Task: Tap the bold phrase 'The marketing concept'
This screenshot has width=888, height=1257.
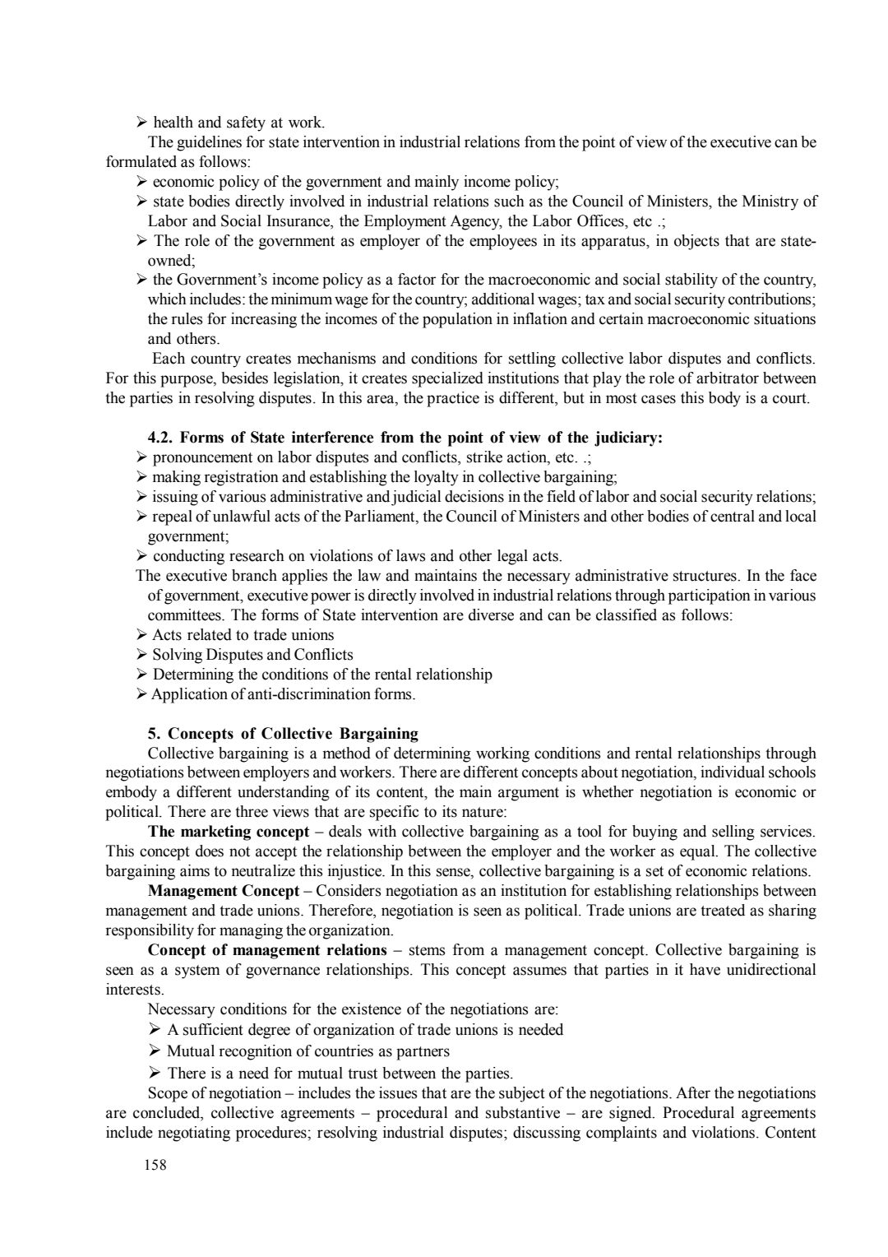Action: click(229, 832)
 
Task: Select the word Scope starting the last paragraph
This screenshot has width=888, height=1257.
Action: click(167, 1093)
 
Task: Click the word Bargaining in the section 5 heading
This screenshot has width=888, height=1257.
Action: click(378, 734)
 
